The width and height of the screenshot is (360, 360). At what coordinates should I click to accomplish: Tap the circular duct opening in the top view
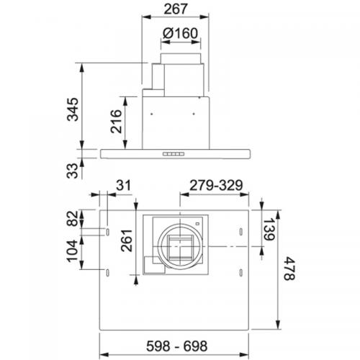coord(176,244)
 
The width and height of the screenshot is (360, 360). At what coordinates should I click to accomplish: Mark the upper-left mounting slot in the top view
coord(106,232)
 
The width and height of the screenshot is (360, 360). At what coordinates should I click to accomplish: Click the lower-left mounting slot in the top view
coord(106,271)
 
